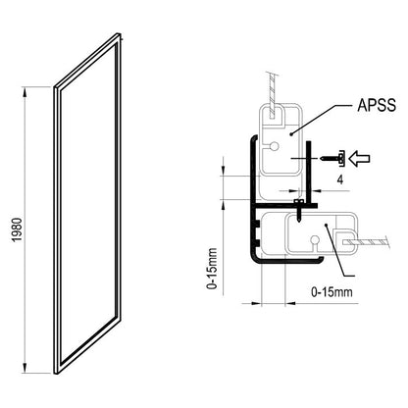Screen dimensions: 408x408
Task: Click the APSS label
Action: tap(377, 105)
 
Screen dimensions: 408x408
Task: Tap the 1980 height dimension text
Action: tap(17, 229)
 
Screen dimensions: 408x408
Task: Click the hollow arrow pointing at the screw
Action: tap(359, 159)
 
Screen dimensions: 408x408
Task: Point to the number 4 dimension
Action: tap(340, 179)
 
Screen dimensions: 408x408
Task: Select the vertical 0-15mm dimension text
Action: tap(212, 269)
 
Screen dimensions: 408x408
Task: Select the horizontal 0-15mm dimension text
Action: tap(331, 291)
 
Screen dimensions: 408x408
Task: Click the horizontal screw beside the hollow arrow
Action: tap(332, 159)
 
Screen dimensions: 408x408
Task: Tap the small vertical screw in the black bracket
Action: tap(298, 210)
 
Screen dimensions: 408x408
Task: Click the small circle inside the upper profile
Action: tap(275, 146)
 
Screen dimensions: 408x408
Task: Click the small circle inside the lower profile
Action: tap(315, 239)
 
